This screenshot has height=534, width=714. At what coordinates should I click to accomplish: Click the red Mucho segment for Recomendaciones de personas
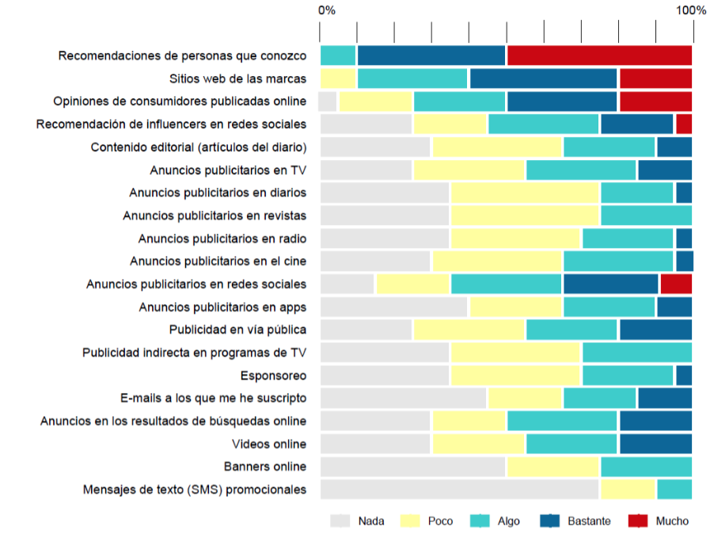click(599, 55)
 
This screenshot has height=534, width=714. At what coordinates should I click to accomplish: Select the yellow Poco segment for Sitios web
click(339, 78)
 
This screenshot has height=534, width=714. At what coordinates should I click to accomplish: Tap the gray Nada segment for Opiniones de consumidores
click(328, 101)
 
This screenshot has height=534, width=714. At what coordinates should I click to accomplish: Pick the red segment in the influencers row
click(684, 124)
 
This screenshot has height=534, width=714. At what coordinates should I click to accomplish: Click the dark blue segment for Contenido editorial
click(674, 147)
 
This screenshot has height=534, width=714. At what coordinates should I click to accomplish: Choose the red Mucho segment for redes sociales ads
click(676, 284)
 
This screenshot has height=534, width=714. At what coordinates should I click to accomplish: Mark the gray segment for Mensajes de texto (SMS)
click(459, 489)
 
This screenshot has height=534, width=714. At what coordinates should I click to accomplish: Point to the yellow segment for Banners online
click(553, 467)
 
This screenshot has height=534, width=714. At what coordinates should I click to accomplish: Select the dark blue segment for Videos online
click(655, 444)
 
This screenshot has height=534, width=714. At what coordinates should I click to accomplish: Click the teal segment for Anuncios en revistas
click(646, 216)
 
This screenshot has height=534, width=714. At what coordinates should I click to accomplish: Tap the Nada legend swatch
click(340, 521)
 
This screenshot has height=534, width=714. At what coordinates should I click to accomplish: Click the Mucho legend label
click(671, 521)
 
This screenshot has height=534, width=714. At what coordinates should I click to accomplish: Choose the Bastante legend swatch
click(550, 521)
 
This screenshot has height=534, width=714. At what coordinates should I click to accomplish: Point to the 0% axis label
click(326, 10)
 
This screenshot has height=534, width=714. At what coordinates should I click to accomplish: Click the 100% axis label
click(691, 10)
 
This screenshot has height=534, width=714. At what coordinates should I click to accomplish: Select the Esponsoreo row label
click(273, 376)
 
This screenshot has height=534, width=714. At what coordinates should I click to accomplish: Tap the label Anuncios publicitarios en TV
click(228, 170)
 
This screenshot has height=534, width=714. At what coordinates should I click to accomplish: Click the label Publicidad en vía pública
click(237, 330)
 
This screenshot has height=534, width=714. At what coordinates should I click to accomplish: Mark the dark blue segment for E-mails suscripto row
click(665, 398)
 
